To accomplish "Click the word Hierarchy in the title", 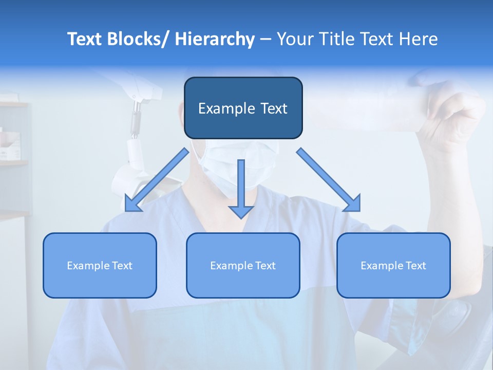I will coord(215,39).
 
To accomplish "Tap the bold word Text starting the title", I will coord(85,39).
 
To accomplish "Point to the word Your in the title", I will coord(295,39).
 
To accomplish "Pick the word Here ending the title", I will coord(419,39).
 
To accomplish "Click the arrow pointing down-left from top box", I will coord(157,180).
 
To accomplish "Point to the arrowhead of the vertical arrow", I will coord(241,211).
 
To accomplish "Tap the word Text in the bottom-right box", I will coord(415,266).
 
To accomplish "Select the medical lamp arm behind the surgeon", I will coord(135,123).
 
